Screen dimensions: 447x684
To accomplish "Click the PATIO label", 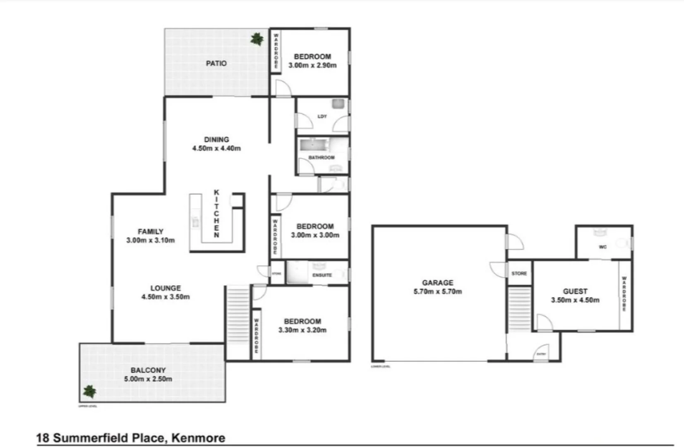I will tap(216, 63).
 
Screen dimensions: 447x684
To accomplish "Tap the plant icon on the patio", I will tap(257, 39).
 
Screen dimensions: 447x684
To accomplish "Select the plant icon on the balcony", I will tap(89, 391).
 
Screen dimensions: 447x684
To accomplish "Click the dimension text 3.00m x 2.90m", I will tap(312, 65).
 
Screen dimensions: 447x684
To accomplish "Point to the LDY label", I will tap(322, 116).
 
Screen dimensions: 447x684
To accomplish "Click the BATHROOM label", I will tap(322, 158).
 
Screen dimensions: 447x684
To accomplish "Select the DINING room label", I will tap(216, 139).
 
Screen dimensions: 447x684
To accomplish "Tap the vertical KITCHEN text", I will tap(216, 214).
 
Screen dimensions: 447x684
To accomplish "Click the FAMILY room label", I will tap(151, 231).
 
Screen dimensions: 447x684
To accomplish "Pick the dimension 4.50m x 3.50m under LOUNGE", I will tap(166, 297).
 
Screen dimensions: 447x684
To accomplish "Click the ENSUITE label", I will tap(322, 275).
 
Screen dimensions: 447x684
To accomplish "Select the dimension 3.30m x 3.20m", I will tap(302, 330).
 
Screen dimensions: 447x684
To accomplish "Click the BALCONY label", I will tap(148, 370).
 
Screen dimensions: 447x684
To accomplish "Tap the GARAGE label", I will tap(438, 283).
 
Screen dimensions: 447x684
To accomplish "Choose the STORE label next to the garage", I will tap(519, 274).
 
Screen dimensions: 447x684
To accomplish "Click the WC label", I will tap(602, 247).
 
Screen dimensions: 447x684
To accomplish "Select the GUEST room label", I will tap(575, 291).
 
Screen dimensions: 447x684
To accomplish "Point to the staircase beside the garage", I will tap(519, 309).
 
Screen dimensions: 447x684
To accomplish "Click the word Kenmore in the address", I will tap(198, 438).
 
